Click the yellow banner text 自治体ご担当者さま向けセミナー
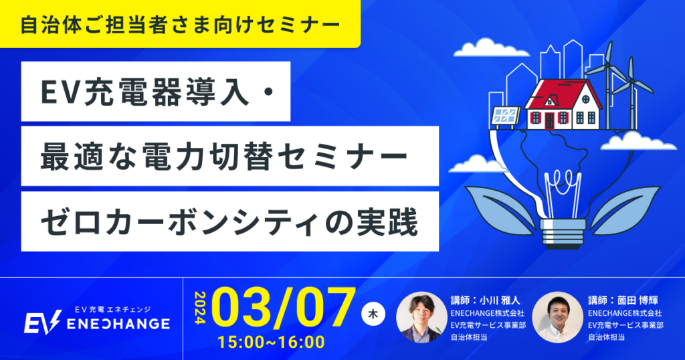(x=180, y=25)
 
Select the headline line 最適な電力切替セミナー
(x=223, y=156)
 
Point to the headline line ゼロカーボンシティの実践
(x=229, y=221)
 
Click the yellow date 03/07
(x=284, y=308)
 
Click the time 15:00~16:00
(x=272, y=342)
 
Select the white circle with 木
(x=373, y=314)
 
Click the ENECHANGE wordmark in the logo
(x=118, y=324)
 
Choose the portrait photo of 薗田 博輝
(x=557, y=317)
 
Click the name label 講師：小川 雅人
(x=486, y=300)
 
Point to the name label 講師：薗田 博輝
(x=623, y=300)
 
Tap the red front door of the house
(x=549, y=121)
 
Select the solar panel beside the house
(x=506, y=115)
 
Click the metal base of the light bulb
(x=563, y=232)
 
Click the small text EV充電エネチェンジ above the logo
(x=112, y=309)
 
